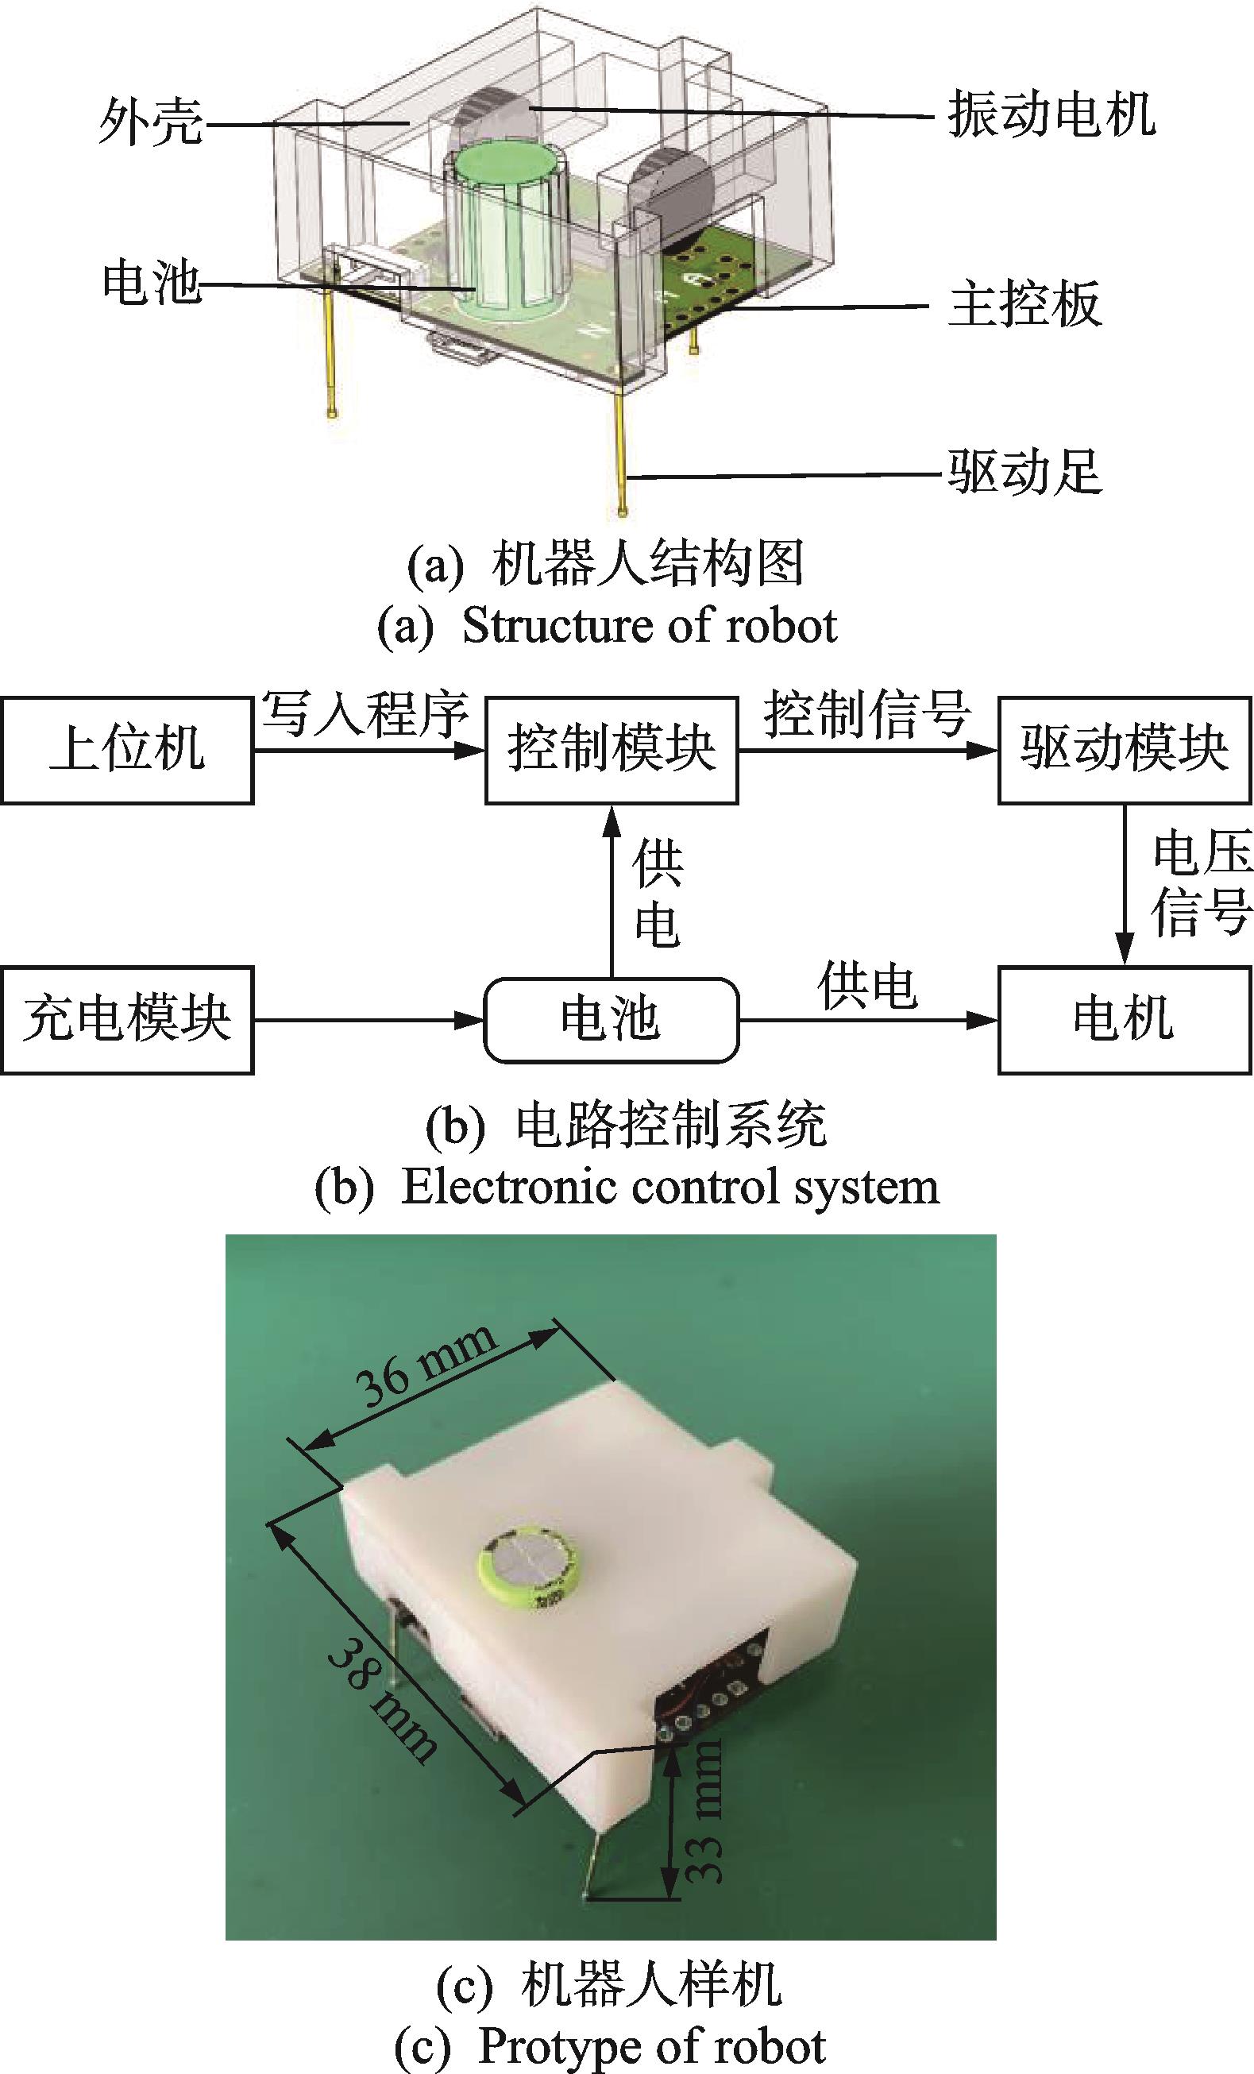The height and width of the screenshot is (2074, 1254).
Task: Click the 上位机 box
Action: (127, 749)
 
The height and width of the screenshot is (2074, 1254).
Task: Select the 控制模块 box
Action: (612, 749)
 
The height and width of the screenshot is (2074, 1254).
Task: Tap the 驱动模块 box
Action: (1125, 749)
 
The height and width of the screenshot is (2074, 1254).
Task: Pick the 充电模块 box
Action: (127, 1019)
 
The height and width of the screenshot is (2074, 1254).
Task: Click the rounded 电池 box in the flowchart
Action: (611, 1019)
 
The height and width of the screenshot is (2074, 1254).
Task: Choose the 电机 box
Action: (1125, 1019)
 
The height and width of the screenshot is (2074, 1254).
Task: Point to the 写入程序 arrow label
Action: (365, 714)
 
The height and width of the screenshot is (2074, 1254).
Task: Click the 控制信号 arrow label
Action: (867, 714)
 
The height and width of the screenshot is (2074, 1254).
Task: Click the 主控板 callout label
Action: (1025, 304)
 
